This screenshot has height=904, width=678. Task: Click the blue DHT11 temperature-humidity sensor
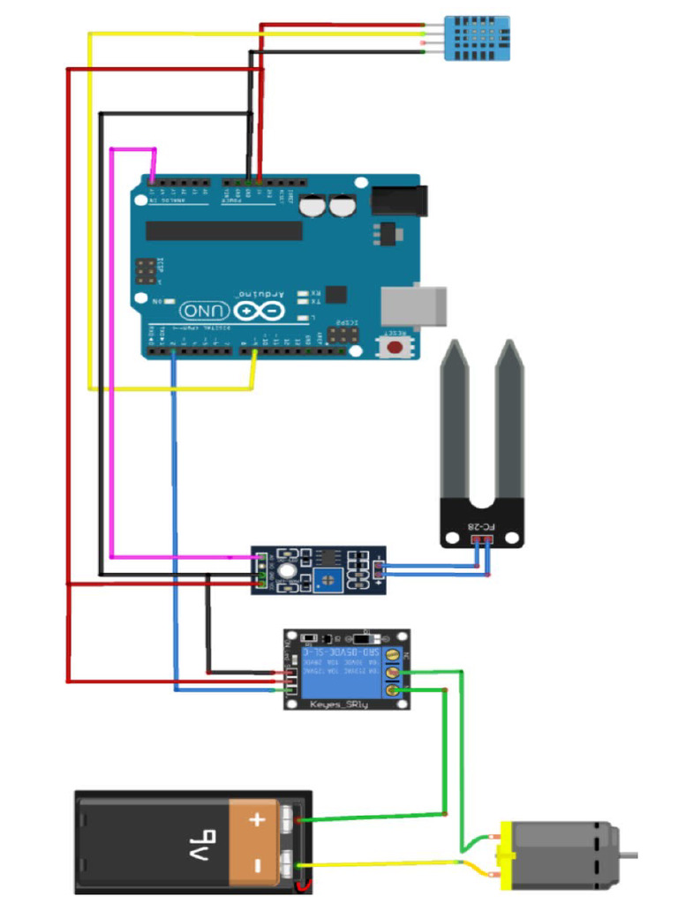coord(478,37)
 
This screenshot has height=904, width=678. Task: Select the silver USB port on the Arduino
coord(413,305)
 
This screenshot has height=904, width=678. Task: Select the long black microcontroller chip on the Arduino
coord(223,230)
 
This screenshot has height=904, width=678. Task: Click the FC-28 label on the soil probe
coord(482,527)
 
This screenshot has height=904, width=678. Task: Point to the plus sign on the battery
coord(257,819)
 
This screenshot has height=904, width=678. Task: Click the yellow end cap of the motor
coord(506,855)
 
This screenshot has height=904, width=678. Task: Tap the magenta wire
coord(110,353)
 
